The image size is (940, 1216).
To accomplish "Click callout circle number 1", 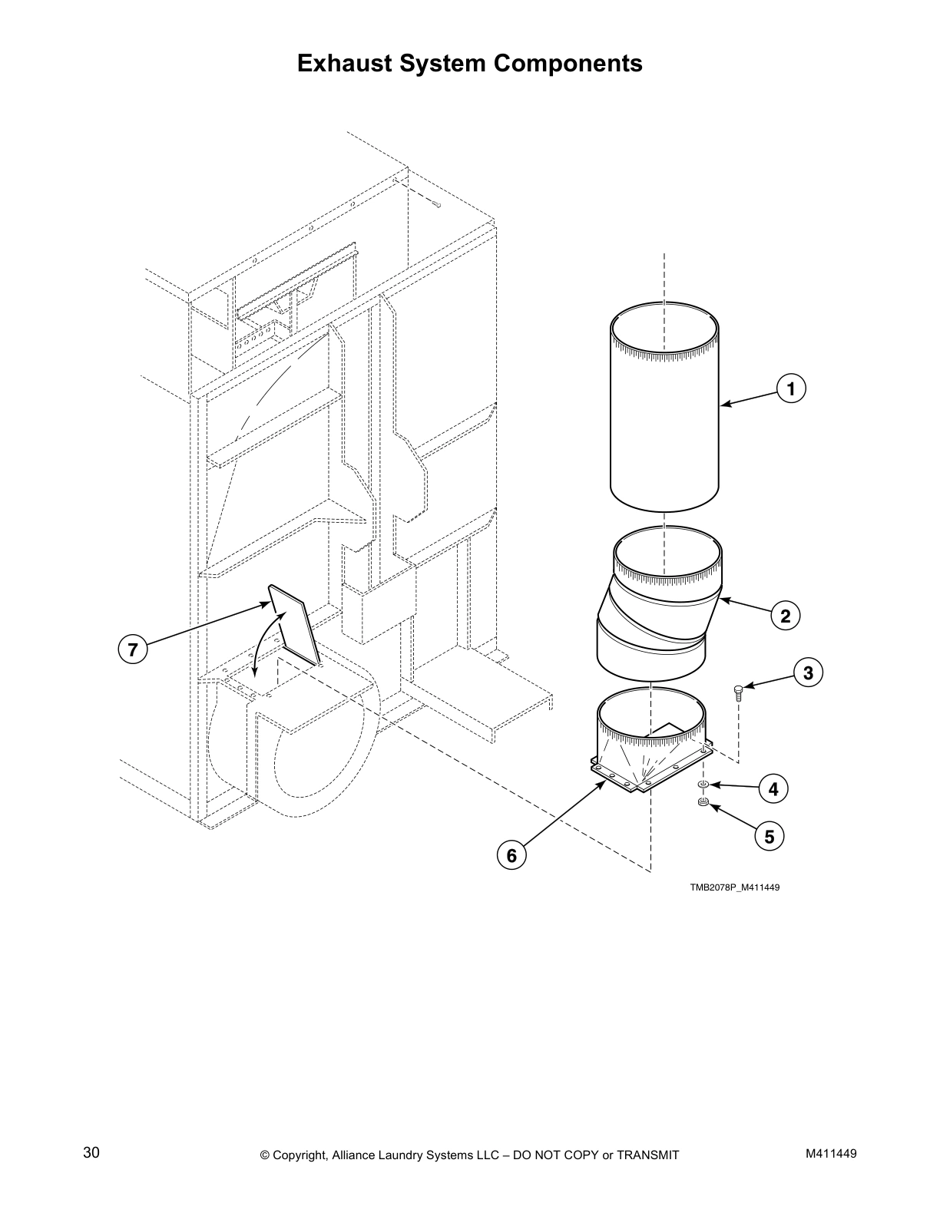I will (x=791, y=388).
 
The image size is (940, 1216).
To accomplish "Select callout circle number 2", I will (x=785, y=616).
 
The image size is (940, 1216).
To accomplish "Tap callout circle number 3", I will (x=808, y=673).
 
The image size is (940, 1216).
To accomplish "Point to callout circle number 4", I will (x=773, y=788).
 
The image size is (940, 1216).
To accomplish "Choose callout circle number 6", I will (x=511, y=855).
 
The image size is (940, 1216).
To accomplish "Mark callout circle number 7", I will (x=132, y=649).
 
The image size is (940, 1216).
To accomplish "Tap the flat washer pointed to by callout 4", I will (x=703, y=785).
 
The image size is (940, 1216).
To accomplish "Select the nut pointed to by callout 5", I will (x=702, y=803).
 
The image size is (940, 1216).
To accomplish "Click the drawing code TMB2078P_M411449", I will (x=734, y=887).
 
